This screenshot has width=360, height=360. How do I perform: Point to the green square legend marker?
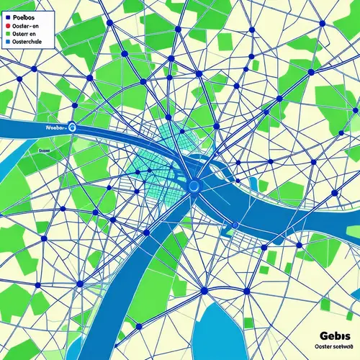[x=6, y=33]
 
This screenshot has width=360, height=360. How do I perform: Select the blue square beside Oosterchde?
[x=6, y=42]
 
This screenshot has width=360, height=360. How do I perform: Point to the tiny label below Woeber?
[x=44, y=150]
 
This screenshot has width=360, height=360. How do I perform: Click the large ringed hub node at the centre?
[x=193, y=186]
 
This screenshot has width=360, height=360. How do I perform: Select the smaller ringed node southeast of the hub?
[x=235, y=225]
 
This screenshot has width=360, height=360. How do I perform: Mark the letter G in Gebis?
[x=320, y=337]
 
